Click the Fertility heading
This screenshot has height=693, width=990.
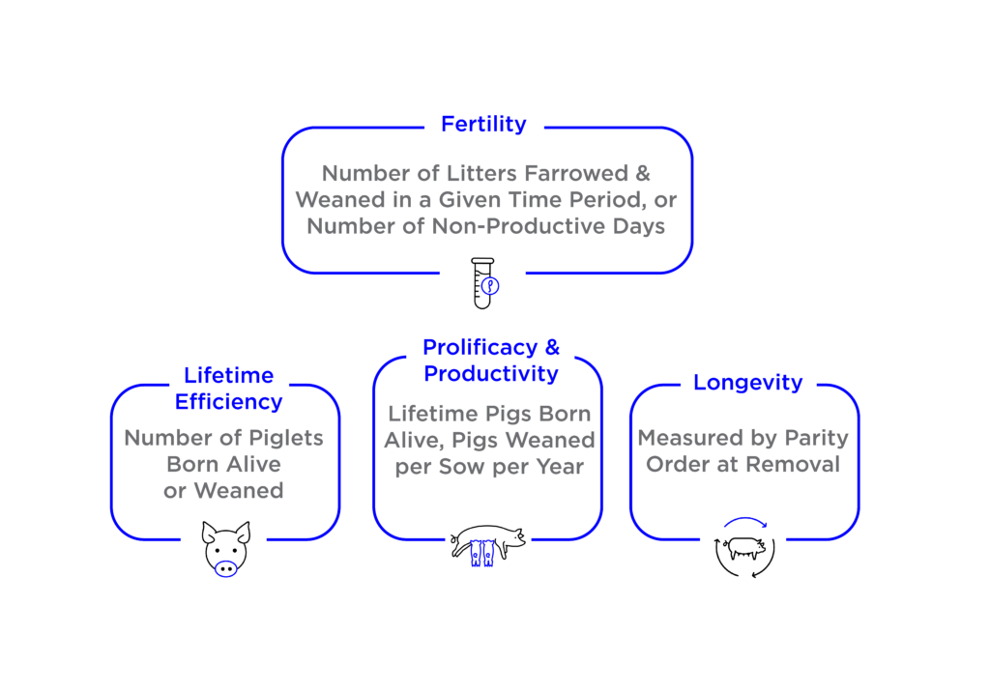[x=483, y=125]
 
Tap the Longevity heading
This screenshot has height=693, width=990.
[x=747, y=383]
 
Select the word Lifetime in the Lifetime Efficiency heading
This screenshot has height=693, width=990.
[x=228, y=376]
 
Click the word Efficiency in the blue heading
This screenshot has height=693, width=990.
[x=228, y=402]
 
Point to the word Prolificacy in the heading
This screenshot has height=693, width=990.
[x=480, y=348]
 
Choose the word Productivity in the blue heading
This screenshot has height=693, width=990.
[x=490, y=374]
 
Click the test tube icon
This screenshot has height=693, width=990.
[x=484, y=283]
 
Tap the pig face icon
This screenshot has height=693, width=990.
[x=225, y=548]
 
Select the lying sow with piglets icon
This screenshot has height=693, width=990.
[x=487, y=545]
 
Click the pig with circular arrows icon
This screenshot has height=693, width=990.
[x=745, y=547]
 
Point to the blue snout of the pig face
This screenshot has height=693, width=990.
[x=225, y=568]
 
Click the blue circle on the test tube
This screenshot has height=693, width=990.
[x=490, y=286]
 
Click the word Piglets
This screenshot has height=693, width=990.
[x=286, y=438]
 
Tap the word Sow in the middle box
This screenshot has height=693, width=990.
[x=463, y=467]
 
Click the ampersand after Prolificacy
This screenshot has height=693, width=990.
[x=552, y=347]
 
